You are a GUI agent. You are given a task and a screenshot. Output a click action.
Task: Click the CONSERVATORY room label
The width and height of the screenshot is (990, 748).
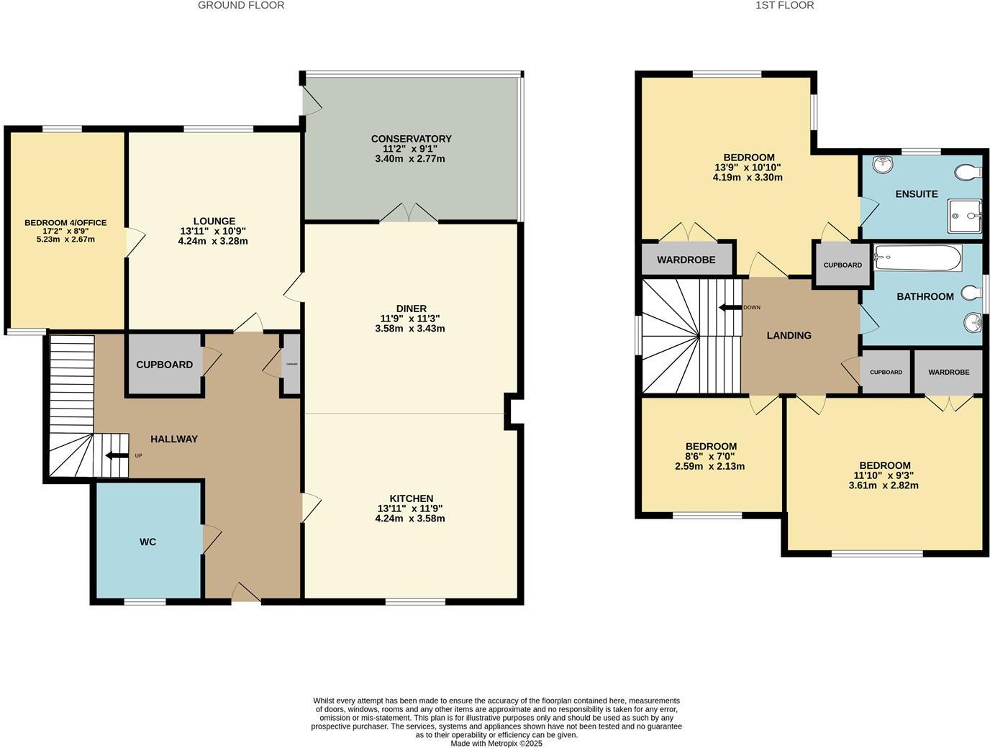(x=411, y=139)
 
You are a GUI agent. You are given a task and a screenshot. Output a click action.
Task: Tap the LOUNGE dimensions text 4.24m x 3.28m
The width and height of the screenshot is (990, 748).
(x=213, y=241)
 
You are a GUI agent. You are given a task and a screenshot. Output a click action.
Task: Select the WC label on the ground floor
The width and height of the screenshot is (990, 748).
(x=147, y=542)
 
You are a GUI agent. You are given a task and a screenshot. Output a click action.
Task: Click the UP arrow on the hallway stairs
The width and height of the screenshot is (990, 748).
(x=114, y=455)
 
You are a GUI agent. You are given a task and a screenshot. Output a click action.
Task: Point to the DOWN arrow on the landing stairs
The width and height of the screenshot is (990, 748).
(x=730, y=308)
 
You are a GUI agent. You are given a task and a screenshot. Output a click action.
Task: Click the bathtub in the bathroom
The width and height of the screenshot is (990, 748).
(x=918, y=258)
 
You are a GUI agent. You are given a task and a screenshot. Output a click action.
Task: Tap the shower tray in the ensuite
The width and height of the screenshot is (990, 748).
(x=964, y=215)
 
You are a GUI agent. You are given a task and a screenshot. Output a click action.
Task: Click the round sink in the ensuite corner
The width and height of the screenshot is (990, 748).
(x=882, y=165)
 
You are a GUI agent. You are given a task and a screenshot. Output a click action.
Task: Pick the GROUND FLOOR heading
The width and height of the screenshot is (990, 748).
(x=241, y=5)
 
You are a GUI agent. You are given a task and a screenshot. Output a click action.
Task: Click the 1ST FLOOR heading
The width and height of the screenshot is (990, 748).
(x=784, y=5)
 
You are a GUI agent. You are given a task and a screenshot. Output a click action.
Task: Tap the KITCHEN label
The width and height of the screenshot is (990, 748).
(x=411, y=498)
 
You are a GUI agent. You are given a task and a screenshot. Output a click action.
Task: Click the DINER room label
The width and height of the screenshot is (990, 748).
(x=410, y=309)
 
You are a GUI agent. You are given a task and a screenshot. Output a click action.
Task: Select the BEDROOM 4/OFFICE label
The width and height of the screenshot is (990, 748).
(x=65, y=223)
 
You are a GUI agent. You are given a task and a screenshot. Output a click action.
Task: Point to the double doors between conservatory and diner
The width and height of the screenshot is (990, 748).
(x=409, y=214)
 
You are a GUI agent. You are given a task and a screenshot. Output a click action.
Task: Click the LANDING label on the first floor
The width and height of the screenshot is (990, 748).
(x=789, y=335)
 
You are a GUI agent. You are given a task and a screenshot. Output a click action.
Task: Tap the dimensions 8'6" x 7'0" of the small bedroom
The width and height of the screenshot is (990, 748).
(x=710, y=456)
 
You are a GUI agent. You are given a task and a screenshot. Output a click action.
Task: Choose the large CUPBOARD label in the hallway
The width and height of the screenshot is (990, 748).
(x=164, y=365)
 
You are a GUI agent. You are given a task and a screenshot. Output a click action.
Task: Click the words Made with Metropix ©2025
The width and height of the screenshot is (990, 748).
(x=496, y=744)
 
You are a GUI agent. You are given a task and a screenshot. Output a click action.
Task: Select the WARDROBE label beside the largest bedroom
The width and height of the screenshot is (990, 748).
(x=686, y=260)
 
